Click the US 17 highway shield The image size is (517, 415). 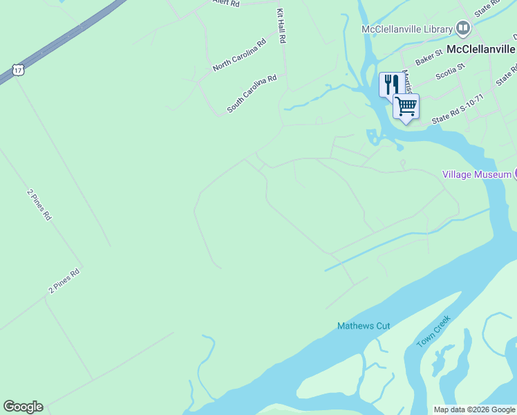pos(18,69)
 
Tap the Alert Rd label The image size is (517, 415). pos(225,3)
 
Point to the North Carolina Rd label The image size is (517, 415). pos(239,55)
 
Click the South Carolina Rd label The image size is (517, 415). pos(252,93)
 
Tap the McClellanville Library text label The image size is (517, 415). pos(407,29)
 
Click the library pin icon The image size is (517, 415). pos(463,29)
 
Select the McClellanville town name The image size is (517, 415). pos(481,49)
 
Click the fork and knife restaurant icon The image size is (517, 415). pos(391,84)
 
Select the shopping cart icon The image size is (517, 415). pos(406,107)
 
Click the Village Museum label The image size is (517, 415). pos(476,174)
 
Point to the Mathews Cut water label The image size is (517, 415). pos(364,326)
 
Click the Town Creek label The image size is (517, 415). pos(434,332)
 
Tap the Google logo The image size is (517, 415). pos(23,407)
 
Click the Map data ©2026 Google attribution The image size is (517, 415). pos(473,409)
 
